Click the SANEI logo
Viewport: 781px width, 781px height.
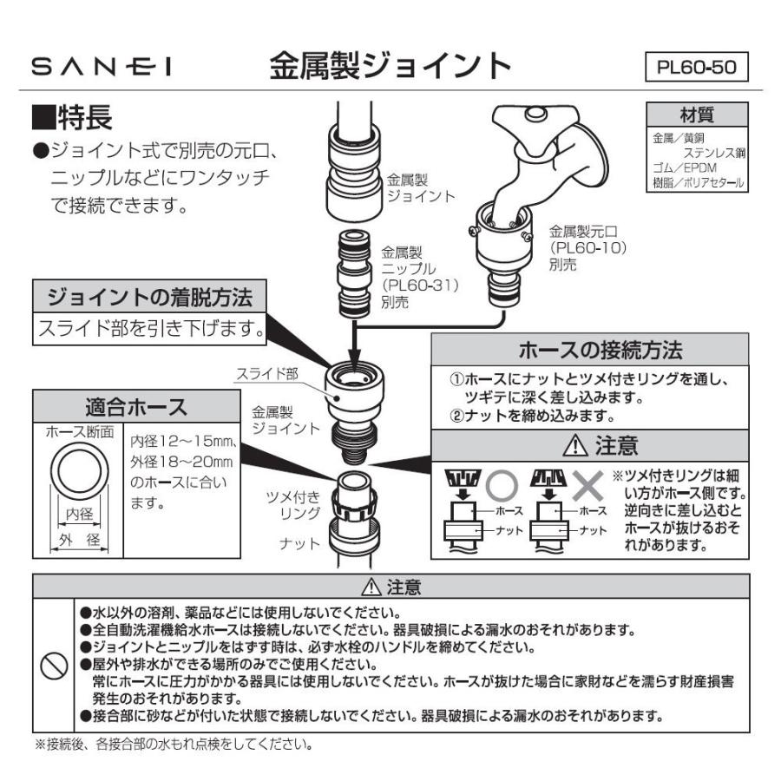(x=103, y=67)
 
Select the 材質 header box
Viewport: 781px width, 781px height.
(x=700, y=115)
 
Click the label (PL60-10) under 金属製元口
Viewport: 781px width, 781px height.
(x=587, y=248)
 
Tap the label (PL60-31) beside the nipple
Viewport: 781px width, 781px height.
(x=420, y=285)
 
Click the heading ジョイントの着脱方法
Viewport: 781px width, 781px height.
(x=150, y=298)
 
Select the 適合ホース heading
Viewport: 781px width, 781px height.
(x=135, y=405)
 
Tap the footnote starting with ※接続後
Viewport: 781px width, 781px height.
(x=174, y=745)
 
